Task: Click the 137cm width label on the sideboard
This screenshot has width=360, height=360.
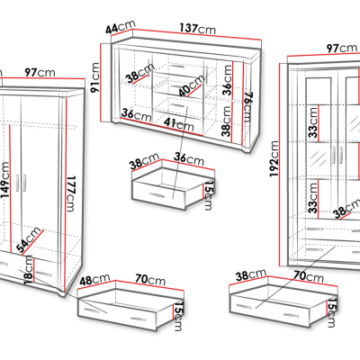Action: (x=198, y=29)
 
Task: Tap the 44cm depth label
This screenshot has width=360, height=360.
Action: (x=121, y=27)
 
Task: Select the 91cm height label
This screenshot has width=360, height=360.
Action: (x=95, y=77)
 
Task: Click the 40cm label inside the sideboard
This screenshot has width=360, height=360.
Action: (x=191, y=85)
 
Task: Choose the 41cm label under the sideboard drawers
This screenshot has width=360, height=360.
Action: (x=179, y=123)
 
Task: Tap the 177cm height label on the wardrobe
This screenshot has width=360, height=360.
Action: (x=70, y=193)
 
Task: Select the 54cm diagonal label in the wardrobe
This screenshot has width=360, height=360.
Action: (x=29, y=240)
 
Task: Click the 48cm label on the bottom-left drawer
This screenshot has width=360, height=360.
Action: (x=94, y=280)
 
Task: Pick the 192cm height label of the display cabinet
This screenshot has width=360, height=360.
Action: (x=274, y=159)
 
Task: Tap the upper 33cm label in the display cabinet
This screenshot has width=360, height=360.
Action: (x=313, y=122)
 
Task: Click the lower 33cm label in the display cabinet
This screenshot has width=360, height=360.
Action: (x=313, y=198)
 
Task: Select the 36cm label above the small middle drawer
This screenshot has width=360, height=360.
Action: (x=189, y=157)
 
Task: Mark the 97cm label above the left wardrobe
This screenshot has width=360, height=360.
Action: (x=40, y=72)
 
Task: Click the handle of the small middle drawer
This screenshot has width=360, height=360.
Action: (x=157, y=195)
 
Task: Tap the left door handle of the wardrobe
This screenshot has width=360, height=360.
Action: (x=17, y=183)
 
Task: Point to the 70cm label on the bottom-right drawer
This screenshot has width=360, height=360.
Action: (x=309, y=276)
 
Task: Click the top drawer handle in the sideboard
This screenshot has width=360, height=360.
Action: (x=176, y=67)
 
